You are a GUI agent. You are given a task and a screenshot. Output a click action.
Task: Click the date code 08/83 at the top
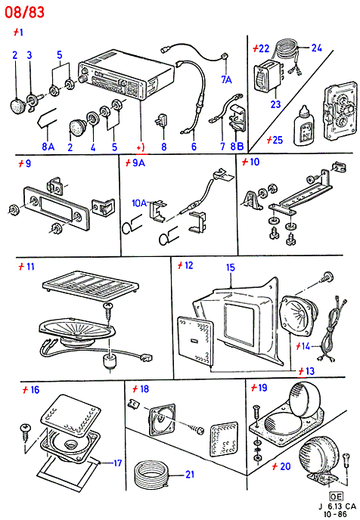pyautogui.click(x=24, y=12)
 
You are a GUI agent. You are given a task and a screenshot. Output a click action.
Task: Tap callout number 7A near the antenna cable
pyautogui.click(x=227, y=79)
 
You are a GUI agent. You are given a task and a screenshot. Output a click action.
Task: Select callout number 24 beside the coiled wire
pyautogui.click(x=316, y=48)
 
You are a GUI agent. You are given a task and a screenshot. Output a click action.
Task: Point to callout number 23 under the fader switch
pyautogui.click(x=275, y=104)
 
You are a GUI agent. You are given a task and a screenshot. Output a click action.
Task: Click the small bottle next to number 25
pyautogui.click(x=303, y=126)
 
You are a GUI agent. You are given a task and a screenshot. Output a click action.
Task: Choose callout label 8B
pyautogui.click(x=237, y=147)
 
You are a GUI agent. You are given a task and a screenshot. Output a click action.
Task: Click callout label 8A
pyautogui.click(x=48, y=147)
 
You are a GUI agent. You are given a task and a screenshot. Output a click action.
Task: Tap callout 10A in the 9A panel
pyautogui.click(x=139, y=203)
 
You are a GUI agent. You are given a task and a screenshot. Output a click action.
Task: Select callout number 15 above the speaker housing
pyautogui.click(x=230, y=268)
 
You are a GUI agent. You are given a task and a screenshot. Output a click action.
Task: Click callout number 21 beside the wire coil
pyautogui.click(x=190, y=475)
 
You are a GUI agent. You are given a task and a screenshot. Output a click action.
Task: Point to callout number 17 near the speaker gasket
pyautogui.click(x=118, y=463)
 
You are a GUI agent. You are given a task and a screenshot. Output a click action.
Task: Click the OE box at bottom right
pyautogui.click(x=336, y=496)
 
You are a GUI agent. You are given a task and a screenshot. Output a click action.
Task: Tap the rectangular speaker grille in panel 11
pyautogui.click(x=90, y=286)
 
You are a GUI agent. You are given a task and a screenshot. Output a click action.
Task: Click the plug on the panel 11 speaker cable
pyautogui.click(x=145, y=357)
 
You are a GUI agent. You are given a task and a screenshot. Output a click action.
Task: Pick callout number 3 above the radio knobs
pyautogui.click(x=29, y=55)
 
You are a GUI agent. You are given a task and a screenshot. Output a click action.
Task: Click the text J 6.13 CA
pyautogui.click(x=337, y=506)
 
